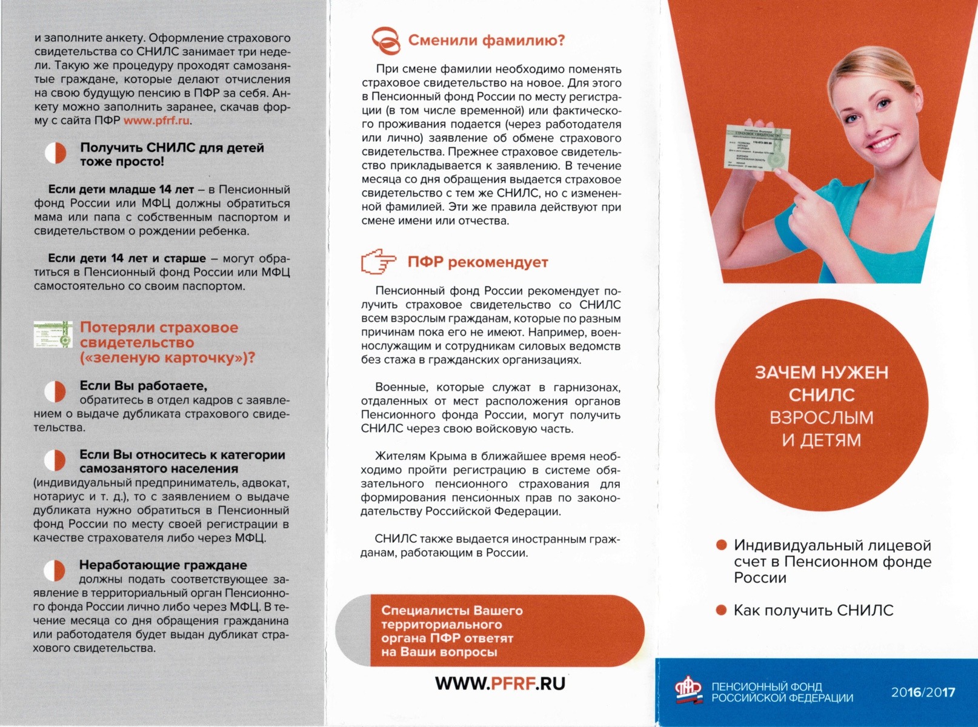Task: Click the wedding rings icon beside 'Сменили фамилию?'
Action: (386, 40)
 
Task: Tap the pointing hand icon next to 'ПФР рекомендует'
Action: (378, 262)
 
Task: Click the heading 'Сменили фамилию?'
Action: (486, 41)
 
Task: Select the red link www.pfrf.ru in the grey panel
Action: (157, 121)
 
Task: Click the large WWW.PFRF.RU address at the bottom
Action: (500, 683)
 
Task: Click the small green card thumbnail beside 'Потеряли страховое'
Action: (53, 334)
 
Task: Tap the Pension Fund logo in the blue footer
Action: (690, 691)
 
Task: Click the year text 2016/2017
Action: (922, 692)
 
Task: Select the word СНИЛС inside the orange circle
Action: (821, 395)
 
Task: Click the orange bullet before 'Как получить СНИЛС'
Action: (721, 610)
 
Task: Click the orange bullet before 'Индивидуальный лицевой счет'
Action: (721, 545)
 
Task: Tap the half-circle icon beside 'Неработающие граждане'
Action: (55, 571)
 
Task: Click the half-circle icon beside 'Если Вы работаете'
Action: (55, 391)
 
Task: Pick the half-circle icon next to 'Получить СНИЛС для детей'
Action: (55, 153)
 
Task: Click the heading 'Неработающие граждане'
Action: (163, 565)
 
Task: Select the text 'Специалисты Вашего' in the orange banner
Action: (451, 611)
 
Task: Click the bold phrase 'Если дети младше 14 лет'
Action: (121, 190)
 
